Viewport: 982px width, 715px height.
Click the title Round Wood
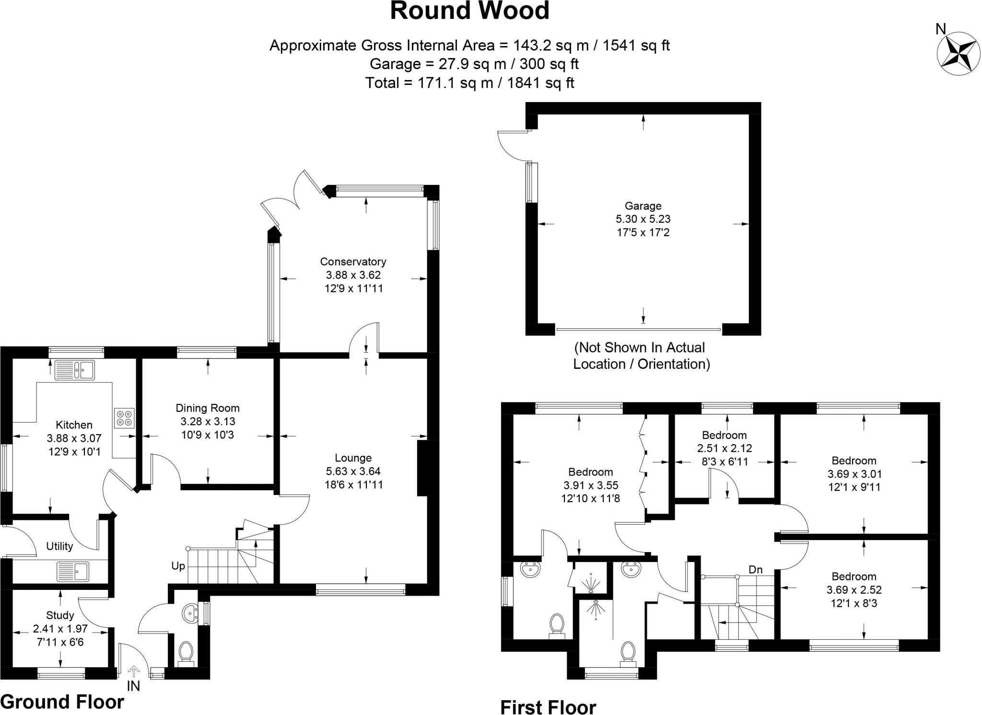tap(469, 12)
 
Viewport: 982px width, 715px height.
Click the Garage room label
tap(643, 206)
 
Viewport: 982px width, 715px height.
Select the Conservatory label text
tap(353, 262)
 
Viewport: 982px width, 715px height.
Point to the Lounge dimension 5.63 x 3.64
tap(353, 472)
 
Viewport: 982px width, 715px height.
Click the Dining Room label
tap(207, 408)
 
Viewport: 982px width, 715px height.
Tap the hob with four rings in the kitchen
tap(124, 417)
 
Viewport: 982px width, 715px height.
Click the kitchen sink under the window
tap(75, 370)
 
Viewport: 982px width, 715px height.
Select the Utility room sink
tap(73, 571)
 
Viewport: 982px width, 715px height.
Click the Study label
tap(60, 615)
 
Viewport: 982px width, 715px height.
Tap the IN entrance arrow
tap(133, 672)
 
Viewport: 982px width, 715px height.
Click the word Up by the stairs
tap(178, 566)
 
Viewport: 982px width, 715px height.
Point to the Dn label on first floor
tap(756, 570)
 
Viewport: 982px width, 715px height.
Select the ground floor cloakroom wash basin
tap(191, 613)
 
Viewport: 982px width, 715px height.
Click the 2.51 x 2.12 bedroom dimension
tap(724, 449)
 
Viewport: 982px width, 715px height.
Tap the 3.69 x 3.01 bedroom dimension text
tap(854, 474)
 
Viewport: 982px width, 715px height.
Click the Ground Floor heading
tap(62, 702)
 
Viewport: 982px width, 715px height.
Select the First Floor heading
tap(548, 707)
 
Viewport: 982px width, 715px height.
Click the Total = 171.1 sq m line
tap(469, 83)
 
